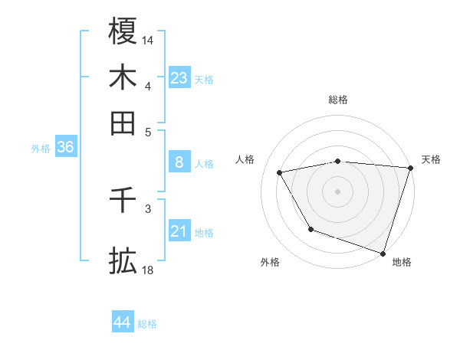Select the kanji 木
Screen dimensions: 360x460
pos(123,77)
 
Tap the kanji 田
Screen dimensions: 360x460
pos(123,123)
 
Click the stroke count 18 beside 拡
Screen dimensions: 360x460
pos(148,270)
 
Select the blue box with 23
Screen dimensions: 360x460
pos(179,77)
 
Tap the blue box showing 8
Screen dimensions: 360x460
pos(179,162)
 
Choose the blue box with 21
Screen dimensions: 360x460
pos(179,231)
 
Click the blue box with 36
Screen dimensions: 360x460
pos(65,147)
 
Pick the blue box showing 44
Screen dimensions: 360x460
pos(123,322)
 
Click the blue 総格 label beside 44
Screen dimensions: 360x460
pos(148,324)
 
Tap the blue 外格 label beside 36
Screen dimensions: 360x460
pos(41,149)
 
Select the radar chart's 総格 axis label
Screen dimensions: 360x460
pos(338,100)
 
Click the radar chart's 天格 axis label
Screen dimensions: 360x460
pos(431,159)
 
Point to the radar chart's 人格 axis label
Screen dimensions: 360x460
pos(245,159)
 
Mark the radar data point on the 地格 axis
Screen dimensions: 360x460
pos(383,253)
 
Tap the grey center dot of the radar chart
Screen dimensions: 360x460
pos(338,191)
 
